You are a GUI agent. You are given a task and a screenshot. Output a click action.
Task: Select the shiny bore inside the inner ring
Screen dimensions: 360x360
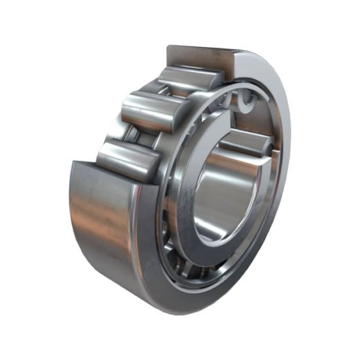coord(226,190)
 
